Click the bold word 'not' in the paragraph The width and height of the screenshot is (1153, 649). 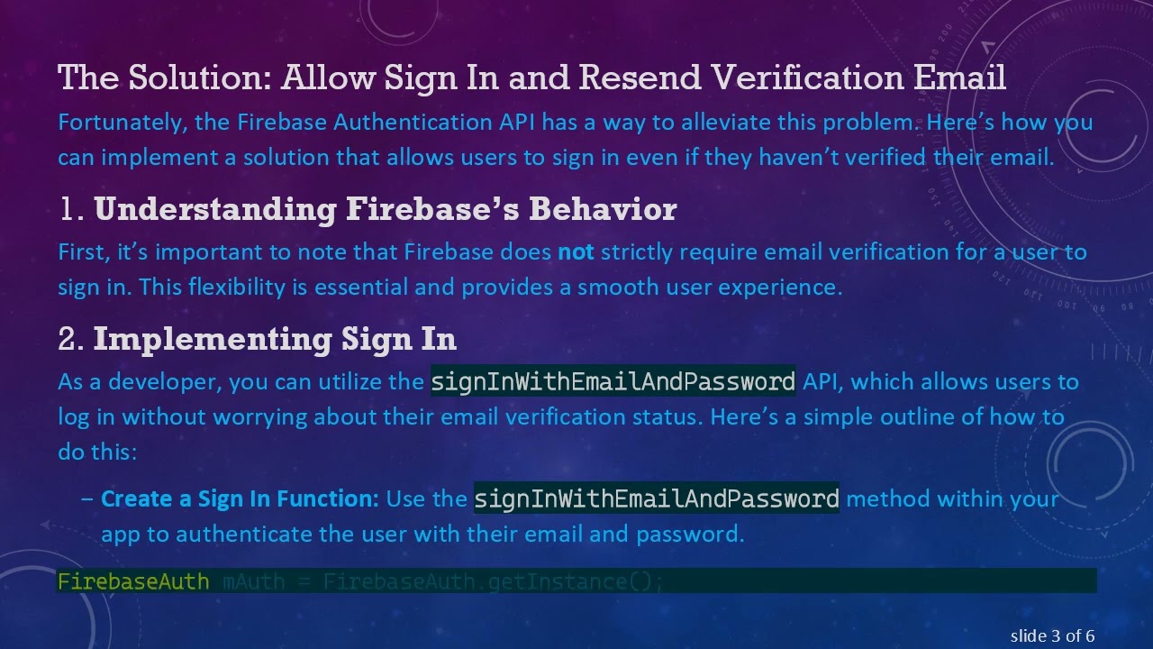point(576,251)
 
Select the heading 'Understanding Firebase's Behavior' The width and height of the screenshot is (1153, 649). point(385,209)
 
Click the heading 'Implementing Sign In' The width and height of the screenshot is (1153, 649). point(275,339)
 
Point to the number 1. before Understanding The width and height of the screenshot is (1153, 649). point(71,209)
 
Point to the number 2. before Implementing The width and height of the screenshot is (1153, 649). point(71,339)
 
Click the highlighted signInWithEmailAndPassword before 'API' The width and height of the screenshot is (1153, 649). point(613,382)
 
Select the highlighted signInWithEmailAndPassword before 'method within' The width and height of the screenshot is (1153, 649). point(656,498)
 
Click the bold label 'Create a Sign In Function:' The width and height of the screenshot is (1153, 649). point(240,498)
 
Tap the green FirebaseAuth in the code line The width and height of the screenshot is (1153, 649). point(133,581)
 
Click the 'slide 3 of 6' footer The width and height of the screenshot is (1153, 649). point(1052,636)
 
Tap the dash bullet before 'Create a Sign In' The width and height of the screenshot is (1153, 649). point(86,498)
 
